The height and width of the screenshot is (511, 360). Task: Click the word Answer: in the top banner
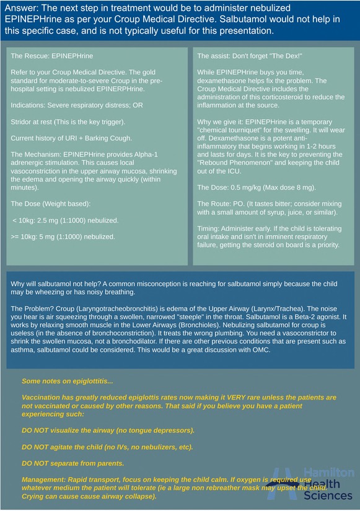pyautogui.click(x=23, y=8)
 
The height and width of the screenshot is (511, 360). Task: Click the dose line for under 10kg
pyautogui.click(x=65, y=220)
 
